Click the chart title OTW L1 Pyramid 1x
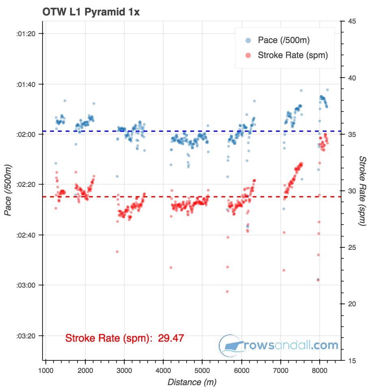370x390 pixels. point(91,12)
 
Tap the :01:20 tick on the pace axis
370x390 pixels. point(25,34)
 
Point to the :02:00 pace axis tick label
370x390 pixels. point(25,134)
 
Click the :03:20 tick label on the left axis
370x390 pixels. point(25,336)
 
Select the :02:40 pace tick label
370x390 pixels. point(25,235)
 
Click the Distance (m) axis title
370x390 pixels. point(191,382)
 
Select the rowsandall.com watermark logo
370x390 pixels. point(278,346)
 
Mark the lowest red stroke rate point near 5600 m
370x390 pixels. point(227,291)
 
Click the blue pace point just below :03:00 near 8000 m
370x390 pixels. point(318,279)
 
